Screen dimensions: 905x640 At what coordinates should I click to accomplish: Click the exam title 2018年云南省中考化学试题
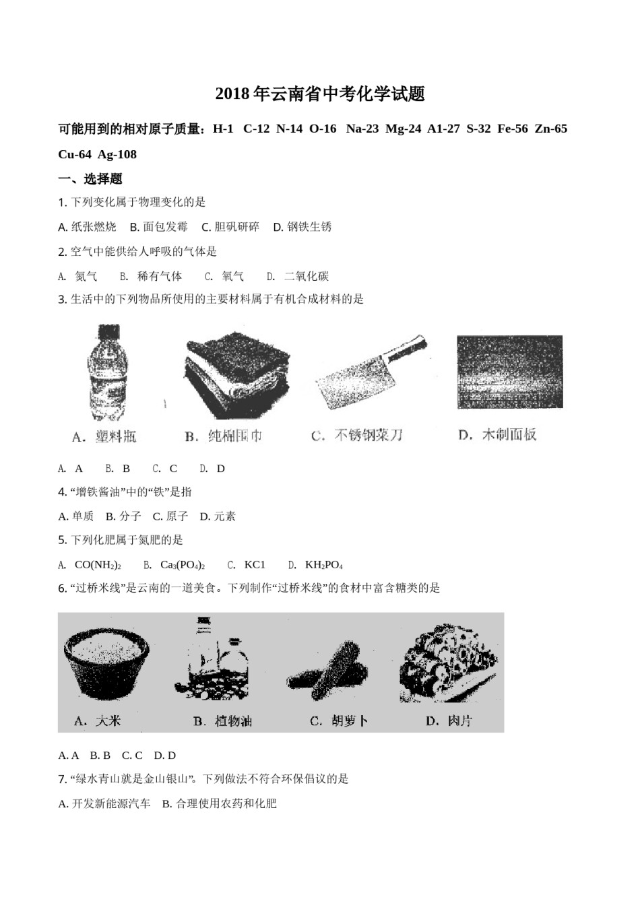click(320, 94)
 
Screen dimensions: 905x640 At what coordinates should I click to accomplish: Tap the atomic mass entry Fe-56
click(512, 129)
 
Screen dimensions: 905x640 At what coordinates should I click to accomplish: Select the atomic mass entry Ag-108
click(117, 155)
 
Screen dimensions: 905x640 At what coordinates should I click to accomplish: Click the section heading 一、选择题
click(90, 179)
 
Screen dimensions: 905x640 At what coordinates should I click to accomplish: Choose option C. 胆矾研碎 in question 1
click(230, 227)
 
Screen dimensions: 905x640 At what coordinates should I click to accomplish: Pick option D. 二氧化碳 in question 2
click(298, 276)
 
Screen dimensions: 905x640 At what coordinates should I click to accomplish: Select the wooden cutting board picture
click(509, 371)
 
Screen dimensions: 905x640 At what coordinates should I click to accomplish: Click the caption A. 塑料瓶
click(104, 437)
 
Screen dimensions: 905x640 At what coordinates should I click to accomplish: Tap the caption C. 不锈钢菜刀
click(357, 436)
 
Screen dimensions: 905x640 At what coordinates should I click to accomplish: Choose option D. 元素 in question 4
click(218, 516)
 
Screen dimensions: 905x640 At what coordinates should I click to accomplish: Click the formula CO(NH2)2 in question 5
click(98, 565)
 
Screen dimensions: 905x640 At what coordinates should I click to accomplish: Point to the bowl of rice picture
click(106, 664)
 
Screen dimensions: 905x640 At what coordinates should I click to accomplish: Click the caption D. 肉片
click(449, 721)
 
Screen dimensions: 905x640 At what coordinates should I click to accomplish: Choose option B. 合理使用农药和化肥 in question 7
click(220, 803)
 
